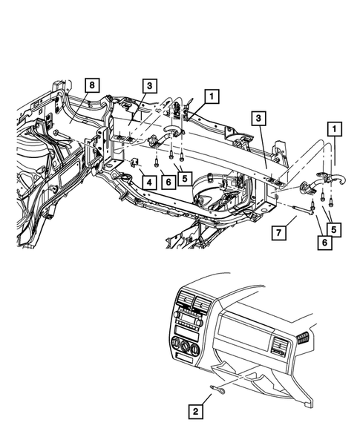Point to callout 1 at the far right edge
tap(335, 130)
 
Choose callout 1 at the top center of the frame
tap(212, 96)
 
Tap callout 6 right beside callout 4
tap(169, 182)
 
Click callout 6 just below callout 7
tap(324, 242)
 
